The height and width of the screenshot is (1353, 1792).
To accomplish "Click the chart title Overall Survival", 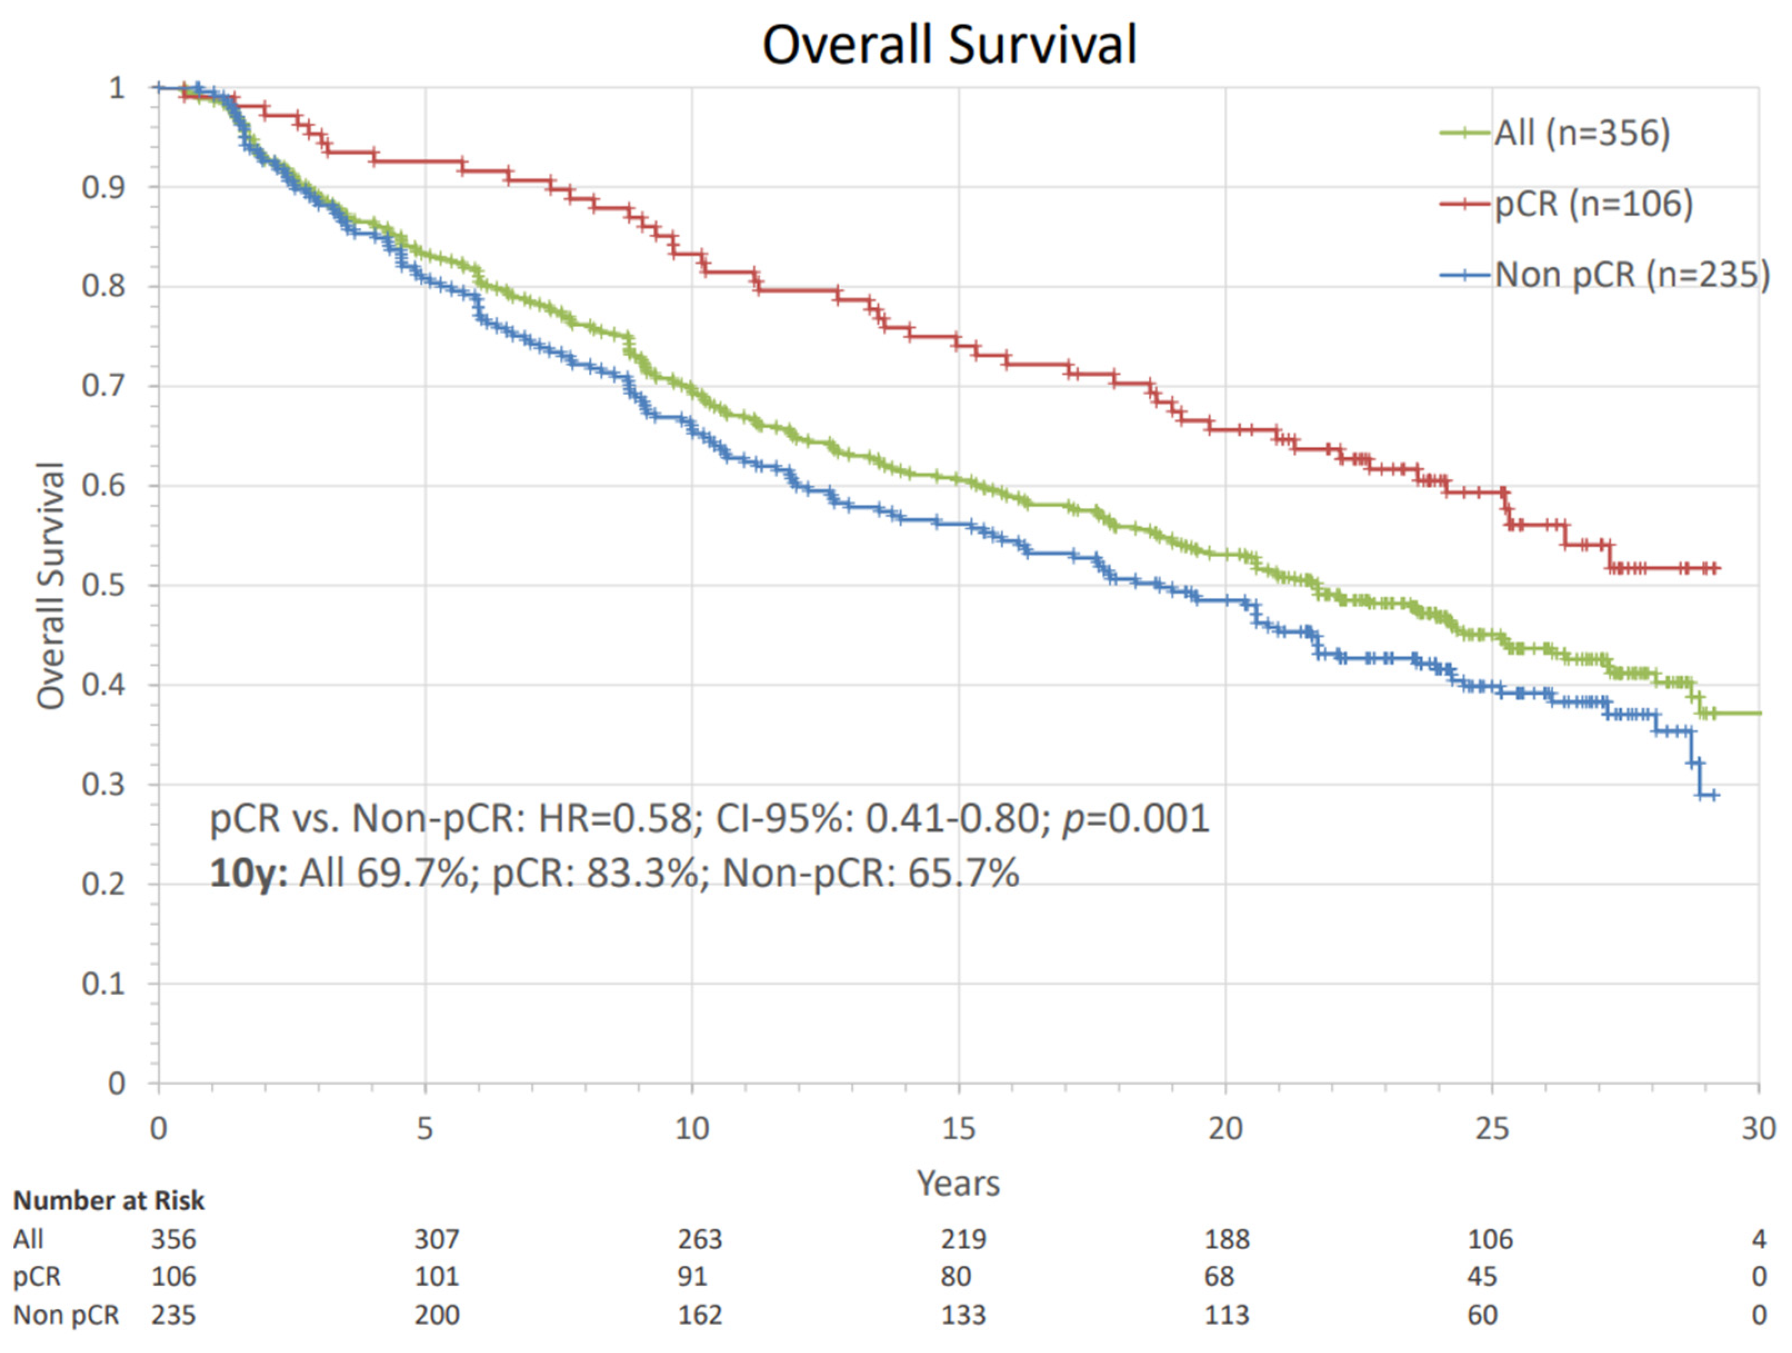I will (949, 44).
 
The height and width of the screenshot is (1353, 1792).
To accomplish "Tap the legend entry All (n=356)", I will (1581, 133).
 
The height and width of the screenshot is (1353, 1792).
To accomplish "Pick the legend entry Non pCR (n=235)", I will (1631, 274).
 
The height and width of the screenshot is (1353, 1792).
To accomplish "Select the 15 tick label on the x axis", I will (958, 1129).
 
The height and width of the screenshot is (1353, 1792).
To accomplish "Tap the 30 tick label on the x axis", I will (1758, 1129).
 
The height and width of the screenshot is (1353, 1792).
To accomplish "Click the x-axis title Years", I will (958, 1184).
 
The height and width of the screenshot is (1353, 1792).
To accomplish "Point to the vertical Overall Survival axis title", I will (50, 585).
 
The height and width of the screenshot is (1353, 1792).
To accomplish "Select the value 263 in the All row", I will (700, 1239).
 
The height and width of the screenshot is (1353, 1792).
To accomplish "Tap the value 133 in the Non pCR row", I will (963, 1315).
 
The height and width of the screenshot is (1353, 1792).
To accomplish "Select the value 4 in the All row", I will (1758, 1239).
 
